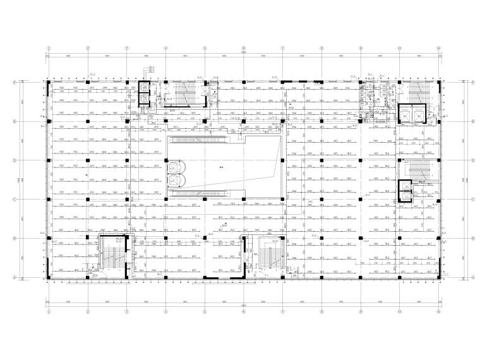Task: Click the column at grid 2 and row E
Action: tap(88, 121)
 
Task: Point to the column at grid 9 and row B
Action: tap(361, 238)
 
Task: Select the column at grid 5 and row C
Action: tap(205, 200)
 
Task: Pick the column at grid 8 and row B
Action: tap(321, 238)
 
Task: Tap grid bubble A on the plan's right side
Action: tap(473, 277)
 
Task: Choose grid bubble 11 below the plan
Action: tap(438, 311)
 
